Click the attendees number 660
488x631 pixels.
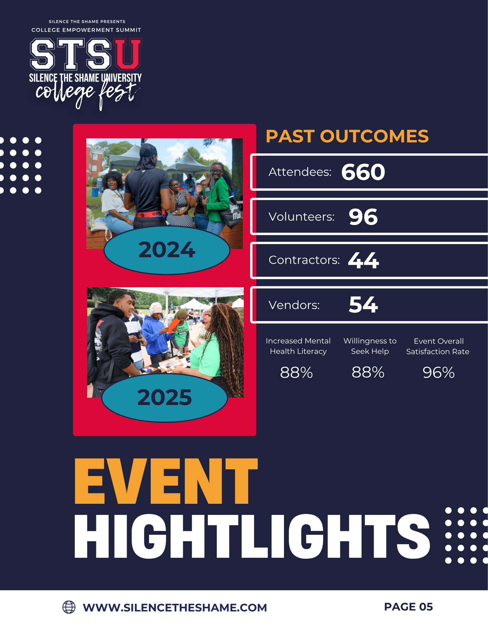point(363,172)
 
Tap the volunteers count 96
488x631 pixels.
point(363,217)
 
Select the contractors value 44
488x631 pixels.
point(363,260)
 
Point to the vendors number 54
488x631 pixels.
point(363,305)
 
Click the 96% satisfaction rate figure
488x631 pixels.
point(438,372)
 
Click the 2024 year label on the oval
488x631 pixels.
point(167,250)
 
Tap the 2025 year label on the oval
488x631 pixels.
point(165,397)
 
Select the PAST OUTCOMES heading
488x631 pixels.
point(347,136)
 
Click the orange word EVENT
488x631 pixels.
point(166,481)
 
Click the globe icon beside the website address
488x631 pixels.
point(69,607)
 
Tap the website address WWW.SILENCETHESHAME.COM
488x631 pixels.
point(175,608)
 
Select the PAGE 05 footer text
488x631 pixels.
point(408,607)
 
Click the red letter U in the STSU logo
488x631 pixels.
point(128,54)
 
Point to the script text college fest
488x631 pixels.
point(87,94)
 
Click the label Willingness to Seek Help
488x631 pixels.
point(370,346)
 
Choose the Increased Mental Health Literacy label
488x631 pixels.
point(298,346)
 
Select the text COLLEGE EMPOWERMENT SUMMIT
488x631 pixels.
point(86,30)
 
